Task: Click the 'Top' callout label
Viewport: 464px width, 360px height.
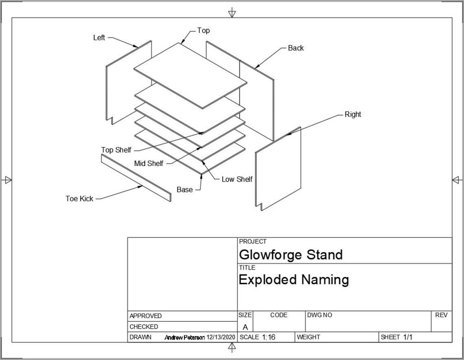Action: point(204,31)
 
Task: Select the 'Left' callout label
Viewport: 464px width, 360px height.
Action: point(99,38)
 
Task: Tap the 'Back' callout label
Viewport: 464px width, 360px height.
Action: point(295,48)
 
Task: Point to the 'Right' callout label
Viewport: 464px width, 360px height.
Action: point(352,114)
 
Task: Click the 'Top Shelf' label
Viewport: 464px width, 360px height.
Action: point(116,150)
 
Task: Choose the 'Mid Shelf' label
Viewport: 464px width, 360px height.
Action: point(149,164)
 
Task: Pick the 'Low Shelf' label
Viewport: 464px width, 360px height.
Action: point(237,179)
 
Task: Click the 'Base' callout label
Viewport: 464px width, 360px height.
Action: point(184,190)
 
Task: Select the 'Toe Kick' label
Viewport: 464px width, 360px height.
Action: point(79,199)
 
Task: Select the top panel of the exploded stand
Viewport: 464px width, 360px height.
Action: point(190,75)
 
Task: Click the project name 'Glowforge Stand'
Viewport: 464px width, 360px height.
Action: point(291,255)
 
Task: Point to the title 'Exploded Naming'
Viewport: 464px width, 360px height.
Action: point(293,280)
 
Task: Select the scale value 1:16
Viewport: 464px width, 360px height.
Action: point(269,337)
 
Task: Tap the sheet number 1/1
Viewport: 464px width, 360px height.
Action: point(408,337)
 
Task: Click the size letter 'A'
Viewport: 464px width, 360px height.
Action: point(245,327)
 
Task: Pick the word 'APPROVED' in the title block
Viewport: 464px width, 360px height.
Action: point(145,316)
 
